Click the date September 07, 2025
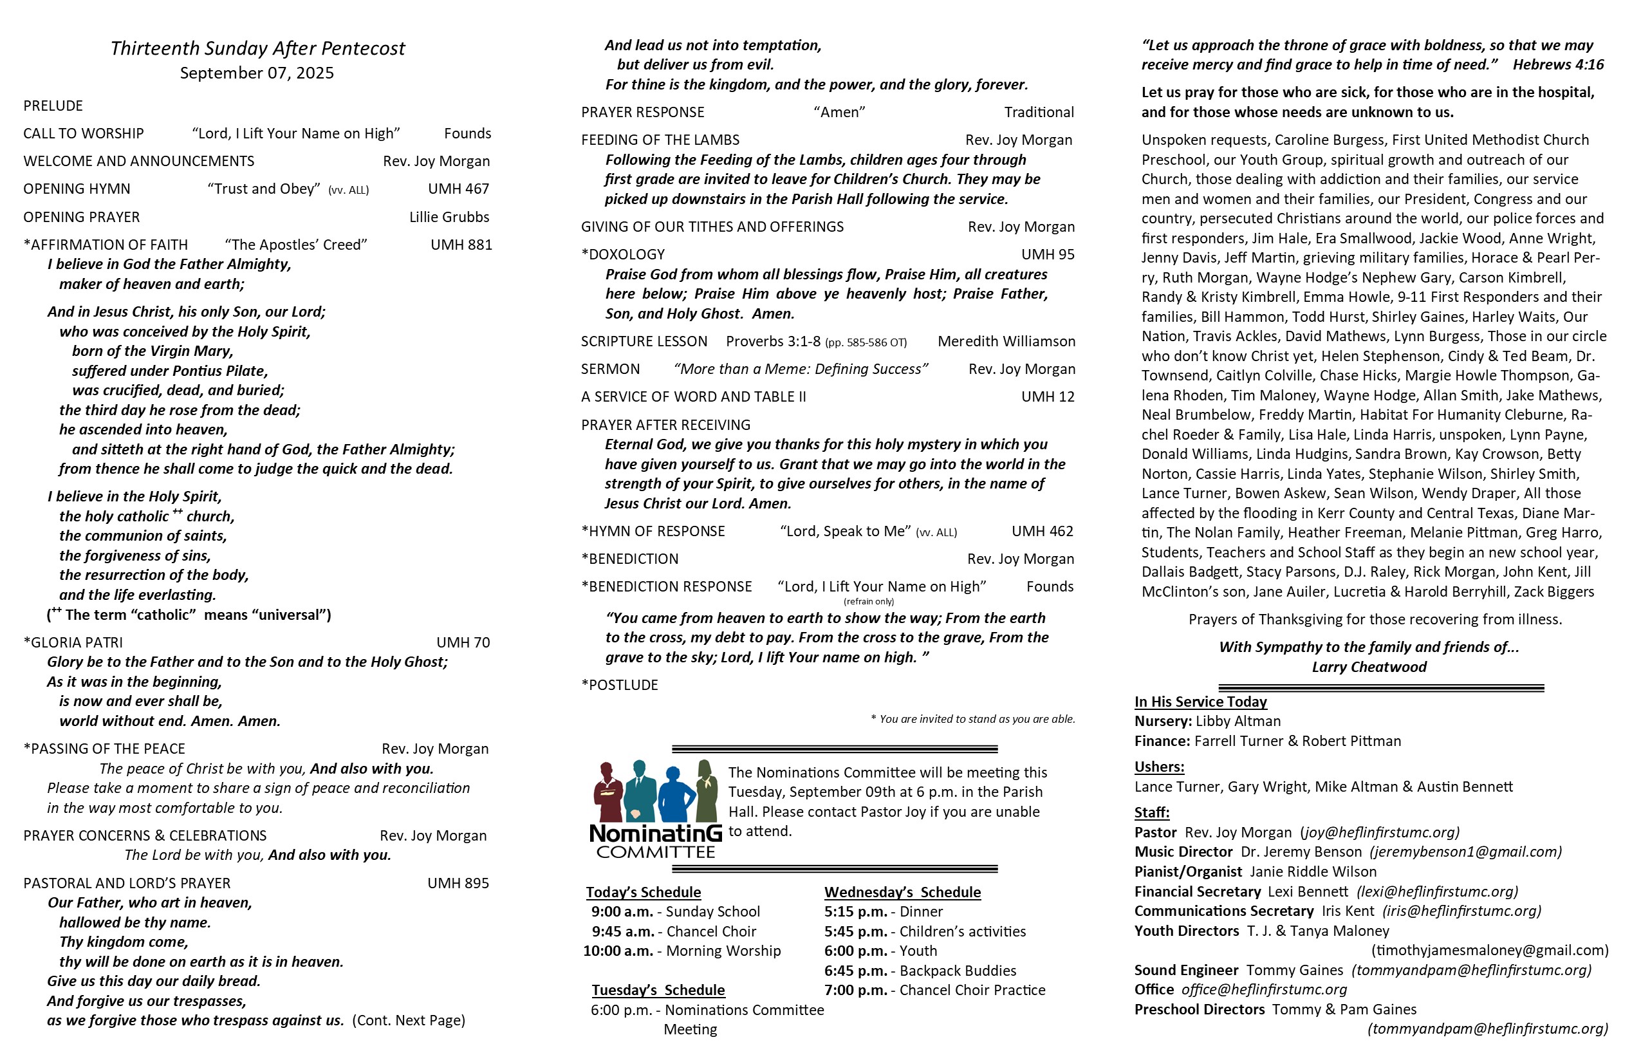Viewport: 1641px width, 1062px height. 257,73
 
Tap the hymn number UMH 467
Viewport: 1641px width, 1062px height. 458,189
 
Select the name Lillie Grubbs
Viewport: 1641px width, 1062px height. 449,218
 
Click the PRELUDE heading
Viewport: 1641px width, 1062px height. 53,106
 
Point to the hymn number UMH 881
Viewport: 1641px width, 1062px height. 461,245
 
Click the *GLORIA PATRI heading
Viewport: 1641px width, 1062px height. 73,643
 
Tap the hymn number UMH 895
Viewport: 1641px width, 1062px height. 458,883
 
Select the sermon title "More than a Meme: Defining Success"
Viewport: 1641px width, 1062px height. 801,369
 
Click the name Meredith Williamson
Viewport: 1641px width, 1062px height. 1006,341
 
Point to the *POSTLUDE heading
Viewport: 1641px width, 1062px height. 620,685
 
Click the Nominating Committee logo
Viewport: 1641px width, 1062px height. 655,809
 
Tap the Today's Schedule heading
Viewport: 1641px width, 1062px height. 644,892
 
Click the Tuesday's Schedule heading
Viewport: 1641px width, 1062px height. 658,991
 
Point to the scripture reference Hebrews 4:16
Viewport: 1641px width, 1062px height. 1557,65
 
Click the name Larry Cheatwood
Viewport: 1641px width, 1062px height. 1369,667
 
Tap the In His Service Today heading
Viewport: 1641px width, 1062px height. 1200,702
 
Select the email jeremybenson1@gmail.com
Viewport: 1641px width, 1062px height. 1465,852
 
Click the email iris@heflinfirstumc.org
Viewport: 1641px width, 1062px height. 1461,911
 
